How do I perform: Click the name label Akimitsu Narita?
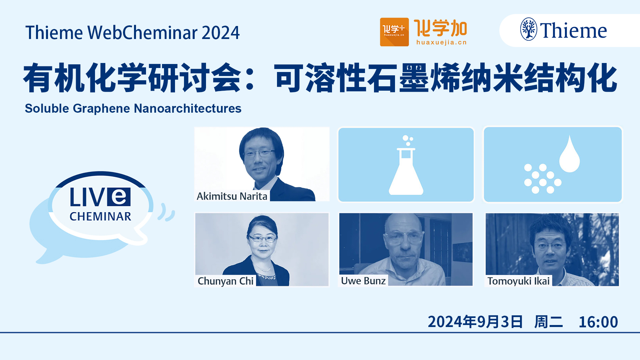[x=232, y=196]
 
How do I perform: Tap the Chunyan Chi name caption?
[x=226, y=281]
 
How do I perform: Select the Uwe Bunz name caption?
[x=363, y=281]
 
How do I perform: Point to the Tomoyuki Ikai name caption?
[x=518, y=281]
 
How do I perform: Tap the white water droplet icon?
[x=569, y=154]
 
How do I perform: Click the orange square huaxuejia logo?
[x=394, y=32]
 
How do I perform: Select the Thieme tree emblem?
[x=529, y=29]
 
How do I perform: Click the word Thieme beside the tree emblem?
[x=573, y=31]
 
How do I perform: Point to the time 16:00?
[x=598, y=322]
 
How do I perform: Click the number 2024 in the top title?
[x=220, y=33]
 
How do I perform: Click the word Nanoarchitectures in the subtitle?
[x=188, y=108]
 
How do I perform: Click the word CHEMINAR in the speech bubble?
[x=100, y=217]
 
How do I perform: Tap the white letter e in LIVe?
[x=119, y=197]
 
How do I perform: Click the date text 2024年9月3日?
[x=475, y=322]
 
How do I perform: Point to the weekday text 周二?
[x=549, y=322]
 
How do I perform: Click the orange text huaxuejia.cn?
[x=441, y=42]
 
